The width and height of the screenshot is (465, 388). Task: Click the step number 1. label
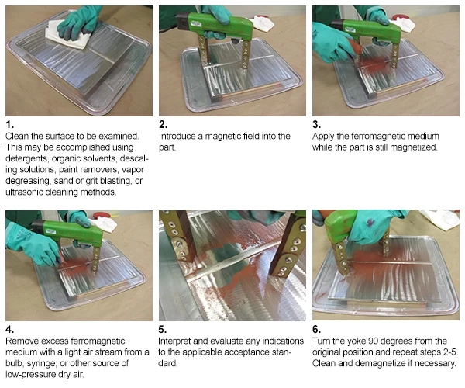coord(9,124)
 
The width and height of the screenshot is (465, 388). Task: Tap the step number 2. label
coord(164,124)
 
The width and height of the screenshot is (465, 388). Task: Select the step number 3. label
coord(318,124)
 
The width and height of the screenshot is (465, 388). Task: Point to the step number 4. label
coord(9,328)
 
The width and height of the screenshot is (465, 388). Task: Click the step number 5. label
coord(164,328)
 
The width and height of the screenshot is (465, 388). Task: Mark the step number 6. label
coord(318,328)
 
